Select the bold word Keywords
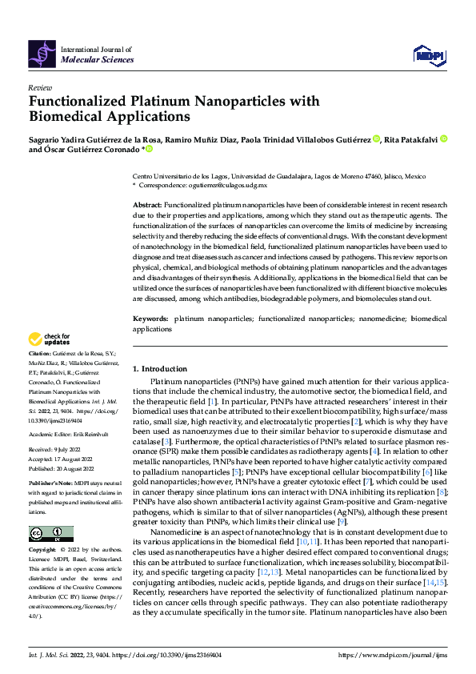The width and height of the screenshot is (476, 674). click(x=150, y=320)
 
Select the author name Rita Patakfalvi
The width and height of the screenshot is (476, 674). click(x=411, y=138)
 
